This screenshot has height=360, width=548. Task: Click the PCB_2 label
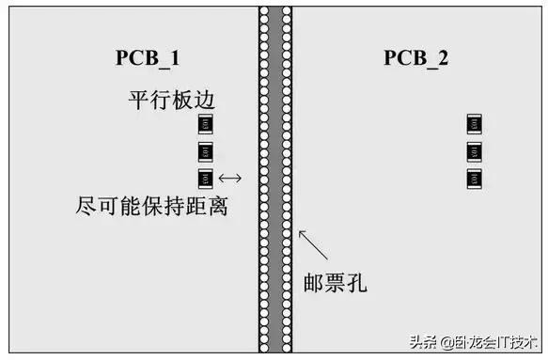coord(415,58)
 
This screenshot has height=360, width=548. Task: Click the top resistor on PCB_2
coord(475,125)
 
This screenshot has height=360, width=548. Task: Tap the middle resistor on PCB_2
coord(475,151)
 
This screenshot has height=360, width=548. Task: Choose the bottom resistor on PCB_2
coord(475,178)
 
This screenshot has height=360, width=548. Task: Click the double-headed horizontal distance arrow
coord(229,178)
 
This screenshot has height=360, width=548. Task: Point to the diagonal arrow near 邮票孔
coord(314,245)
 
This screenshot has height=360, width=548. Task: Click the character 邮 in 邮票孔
coord(313,280)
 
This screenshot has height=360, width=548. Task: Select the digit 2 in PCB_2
coord(443,58)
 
